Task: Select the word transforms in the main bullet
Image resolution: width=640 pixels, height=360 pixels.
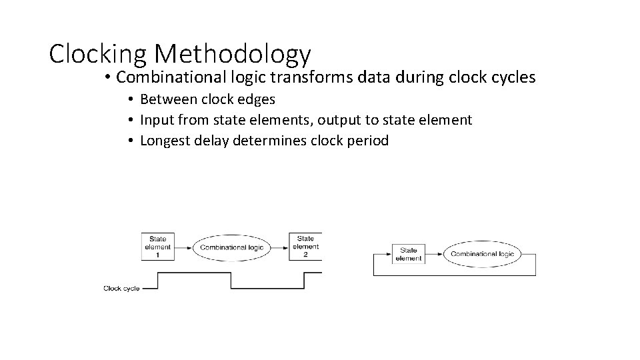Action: point(317,77)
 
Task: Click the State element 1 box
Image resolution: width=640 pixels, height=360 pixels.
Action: point(157,247)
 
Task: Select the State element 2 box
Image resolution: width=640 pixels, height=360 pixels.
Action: point(306,247)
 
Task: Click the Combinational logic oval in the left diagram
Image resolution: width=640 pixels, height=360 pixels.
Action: point(231,247)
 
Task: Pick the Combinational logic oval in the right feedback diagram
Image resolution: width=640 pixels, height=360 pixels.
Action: point(482,253)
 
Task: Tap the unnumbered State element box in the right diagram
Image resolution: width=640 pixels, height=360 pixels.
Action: point(408,254)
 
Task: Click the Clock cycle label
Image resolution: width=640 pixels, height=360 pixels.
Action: point(121,289)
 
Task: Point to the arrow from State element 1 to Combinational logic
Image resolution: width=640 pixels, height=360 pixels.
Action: point(183,247)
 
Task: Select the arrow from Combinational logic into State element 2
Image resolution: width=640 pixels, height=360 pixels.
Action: point(281,247)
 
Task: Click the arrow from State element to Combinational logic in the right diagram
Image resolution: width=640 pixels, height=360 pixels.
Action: point(433,254)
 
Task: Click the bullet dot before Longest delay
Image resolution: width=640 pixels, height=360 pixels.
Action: point(133,141)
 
